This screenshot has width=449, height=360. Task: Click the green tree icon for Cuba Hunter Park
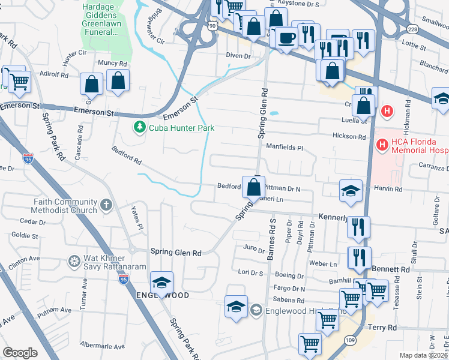point(139,127)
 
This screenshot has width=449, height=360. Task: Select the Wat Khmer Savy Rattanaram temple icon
point(74,261)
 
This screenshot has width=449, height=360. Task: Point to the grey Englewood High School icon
point(256,310)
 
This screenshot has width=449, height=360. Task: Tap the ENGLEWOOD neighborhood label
point(163,296)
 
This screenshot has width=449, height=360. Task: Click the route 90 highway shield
point(212,26)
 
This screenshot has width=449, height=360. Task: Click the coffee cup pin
point(286,37)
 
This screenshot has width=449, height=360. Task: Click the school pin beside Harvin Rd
point(351,191)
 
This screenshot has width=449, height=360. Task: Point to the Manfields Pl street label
point(286,147)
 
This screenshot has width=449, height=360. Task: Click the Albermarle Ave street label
point(103,346)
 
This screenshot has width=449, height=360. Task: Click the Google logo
point(20,353)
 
